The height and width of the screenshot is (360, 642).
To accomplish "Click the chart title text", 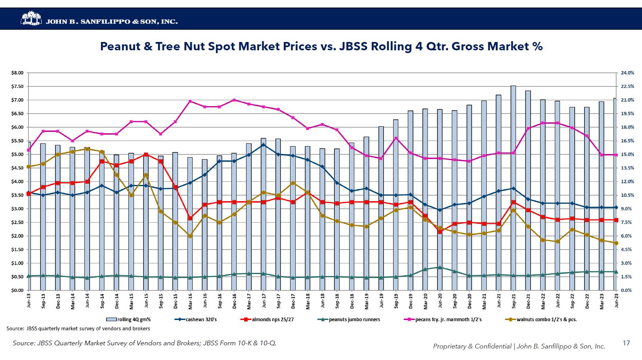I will (x=321, y=47).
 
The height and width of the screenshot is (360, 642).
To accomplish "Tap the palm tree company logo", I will (x=31, y=19).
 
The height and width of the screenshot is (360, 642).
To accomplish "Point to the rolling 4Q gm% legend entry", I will (x=128, y=320).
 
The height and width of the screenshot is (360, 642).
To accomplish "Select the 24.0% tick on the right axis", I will (x=627, y=73).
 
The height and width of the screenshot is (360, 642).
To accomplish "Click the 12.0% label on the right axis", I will (x=627, y=182).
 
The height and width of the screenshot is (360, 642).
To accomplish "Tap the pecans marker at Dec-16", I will (x=234, y=100).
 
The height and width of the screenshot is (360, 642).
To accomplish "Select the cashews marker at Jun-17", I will (x=264, y=145).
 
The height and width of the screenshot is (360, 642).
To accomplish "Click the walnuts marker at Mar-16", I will (x=190, y=236).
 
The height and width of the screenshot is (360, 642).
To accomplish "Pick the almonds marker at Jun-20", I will (x=440, y=231).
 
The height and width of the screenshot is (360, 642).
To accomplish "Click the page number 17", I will (x=626, y=343).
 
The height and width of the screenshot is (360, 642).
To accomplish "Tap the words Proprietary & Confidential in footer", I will (x=472, y=347).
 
